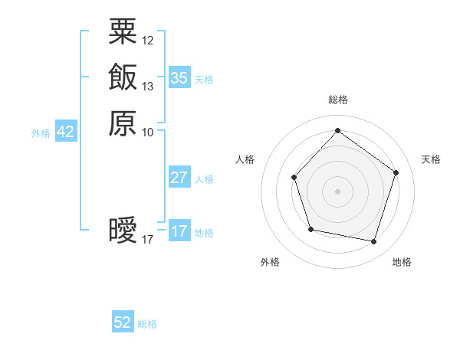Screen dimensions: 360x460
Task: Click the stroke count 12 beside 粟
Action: click(148, 40)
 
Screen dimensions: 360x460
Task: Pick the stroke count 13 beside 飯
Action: click(148, 86)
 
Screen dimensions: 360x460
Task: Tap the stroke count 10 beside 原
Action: click(148, 133)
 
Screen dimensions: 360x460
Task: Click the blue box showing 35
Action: click(179, 78)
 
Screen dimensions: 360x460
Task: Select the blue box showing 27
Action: click(179, 178)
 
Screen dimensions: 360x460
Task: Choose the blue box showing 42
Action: click(65, 132)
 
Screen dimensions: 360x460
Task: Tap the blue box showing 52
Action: click(123, 322)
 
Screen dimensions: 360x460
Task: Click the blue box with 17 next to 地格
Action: click(179, 231)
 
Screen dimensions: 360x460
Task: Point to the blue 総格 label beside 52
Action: click(147, 324)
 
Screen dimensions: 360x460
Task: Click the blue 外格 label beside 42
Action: click(41, 133)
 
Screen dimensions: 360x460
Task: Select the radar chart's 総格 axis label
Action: click(337, 100)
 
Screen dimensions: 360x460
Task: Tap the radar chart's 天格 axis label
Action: click(431, 159)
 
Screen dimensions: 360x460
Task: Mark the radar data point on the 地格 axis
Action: click(373, 242)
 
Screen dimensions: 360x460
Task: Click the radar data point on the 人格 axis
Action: click(294, 178)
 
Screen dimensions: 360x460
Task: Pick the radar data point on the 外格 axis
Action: click(310, 229)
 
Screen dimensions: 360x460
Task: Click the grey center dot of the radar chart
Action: click(337, 191)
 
